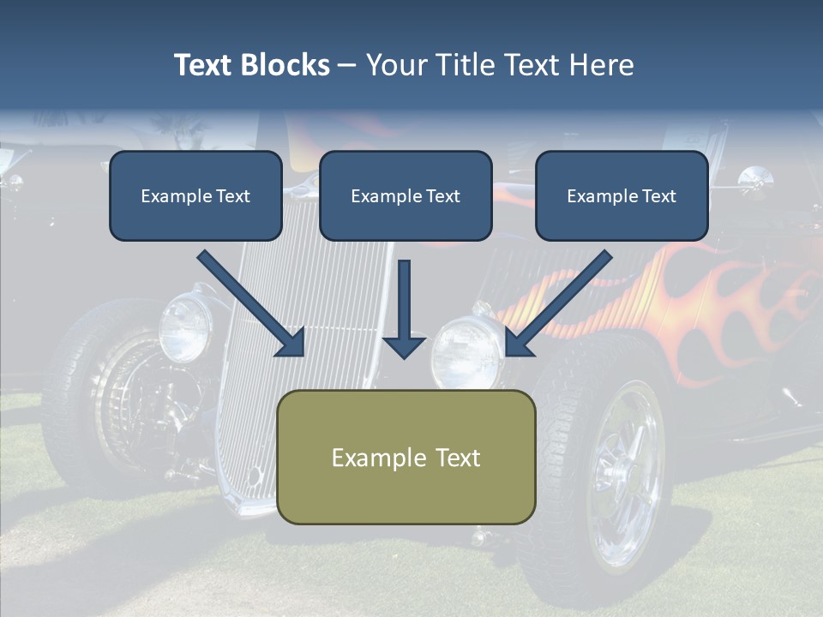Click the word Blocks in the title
tap(285, 65)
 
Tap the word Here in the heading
tap(602, 65)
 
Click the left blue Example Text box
tap(195, 195)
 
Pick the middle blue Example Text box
tap(405, 195)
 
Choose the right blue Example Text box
tap(622, 195)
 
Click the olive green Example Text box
tap(406, 457)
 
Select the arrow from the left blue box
tap(251, 303)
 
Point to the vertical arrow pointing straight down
tap(404, 309)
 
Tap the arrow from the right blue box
tap(558, 303)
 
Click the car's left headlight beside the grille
tap(185, 327)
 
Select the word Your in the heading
tap(397, 65)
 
